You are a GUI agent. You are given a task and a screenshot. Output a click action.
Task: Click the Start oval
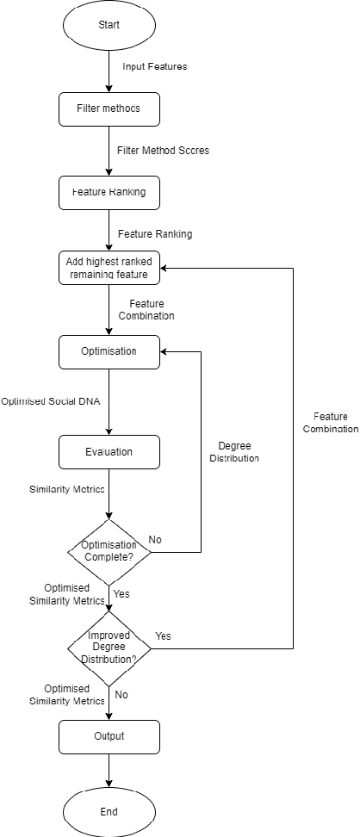(109, 25)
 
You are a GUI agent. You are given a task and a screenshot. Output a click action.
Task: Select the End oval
(109, 811)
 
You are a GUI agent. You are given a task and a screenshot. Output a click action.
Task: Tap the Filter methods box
(109, 108)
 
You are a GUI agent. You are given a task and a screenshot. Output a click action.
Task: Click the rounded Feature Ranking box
(109, 192)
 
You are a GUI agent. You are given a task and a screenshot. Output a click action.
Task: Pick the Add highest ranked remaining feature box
(109, 268)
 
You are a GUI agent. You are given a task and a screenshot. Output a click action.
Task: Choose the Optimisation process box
(109, 351)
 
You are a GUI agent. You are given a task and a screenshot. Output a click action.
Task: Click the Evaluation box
(109, 451)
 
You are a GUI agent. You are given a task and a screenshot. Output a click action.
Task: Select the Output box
(109, 736)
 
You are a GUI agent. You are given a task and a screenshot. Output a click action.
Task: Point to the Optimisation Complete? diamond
(109, 551)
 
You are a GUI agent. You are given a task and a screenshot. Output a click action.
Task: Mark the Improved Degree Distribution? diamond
(109, 648)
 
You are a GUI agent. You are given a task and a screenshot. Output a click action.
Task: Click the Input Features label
(155, 66)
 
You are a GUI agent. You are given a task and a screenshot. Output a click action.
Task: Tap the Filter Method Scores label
(164, 150)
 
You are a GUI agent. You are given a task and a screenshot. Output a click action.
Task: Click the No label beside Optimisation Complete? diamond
(155, 539)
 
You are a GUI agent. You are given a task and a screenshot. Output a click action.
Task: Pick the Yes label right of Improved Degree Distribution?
(163, 635)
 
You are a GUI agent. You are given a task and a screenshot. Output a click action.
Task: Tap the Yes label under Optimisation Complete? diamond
(121, 594)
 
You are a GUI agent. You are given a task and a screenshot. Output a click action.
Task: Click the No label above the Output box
(121, 694)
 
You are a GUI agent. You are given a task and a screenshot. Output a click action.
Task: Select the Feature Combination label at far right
(331, 422)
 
